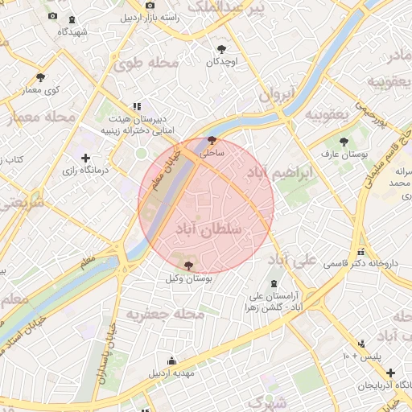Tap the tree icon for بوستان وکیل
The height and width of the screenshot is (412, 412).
coord(188,265)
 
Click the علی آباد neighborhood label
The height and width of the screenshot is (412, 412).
coord(291,260)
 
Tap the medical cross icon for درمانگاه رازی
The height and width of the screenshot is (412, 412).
coord(86,158)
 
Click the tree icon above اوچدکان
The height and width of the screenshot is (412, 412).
coord(222,48)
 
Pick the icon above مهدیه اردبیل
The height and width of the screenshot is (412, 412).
coord(171,361)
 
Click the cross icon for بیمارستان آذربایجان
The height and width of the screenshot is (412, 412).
coord(389,373)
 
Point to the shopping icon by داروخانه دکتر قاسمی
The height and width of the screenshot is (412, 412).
coord(361,250)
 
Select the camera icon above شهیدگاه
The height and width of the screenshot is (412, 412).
coord(52,17)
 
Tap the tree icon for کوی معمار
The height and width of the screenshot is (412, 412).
coord(40,77)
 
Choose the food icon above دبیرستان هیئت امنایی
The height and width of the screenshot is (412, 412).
coord(138,105)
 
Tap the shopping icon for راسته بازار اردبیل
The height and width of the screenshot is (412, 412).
coord(150,6)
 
